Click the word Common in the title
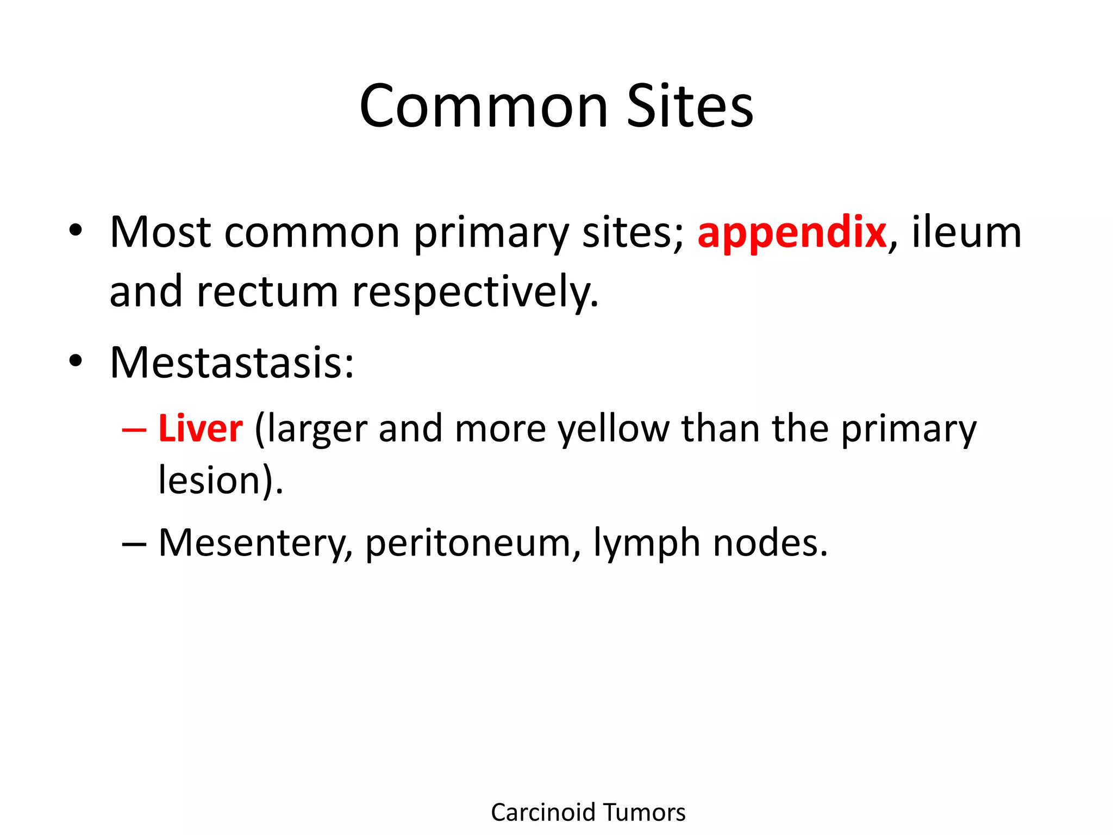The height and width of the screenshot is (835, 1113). pos(483,107)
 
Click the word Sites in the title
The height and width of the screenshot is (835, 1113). pos(690,107)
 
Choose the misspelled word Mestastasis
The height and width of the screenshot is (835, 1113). pos(232,363)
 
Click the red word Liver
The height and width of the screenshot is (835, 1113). pos(200,429)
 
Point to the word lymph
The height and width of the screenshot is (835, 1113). pos(646,543)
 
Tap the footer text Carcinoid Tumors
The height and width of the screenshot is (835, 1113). pos(588,812)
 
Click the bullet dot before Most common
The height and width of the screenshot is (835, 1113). pos(76,230)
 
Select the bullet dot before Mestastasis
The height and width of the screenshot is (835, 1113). pos(76,360)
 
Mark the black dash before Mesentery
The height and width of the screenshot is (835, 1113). pos(134,544)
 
